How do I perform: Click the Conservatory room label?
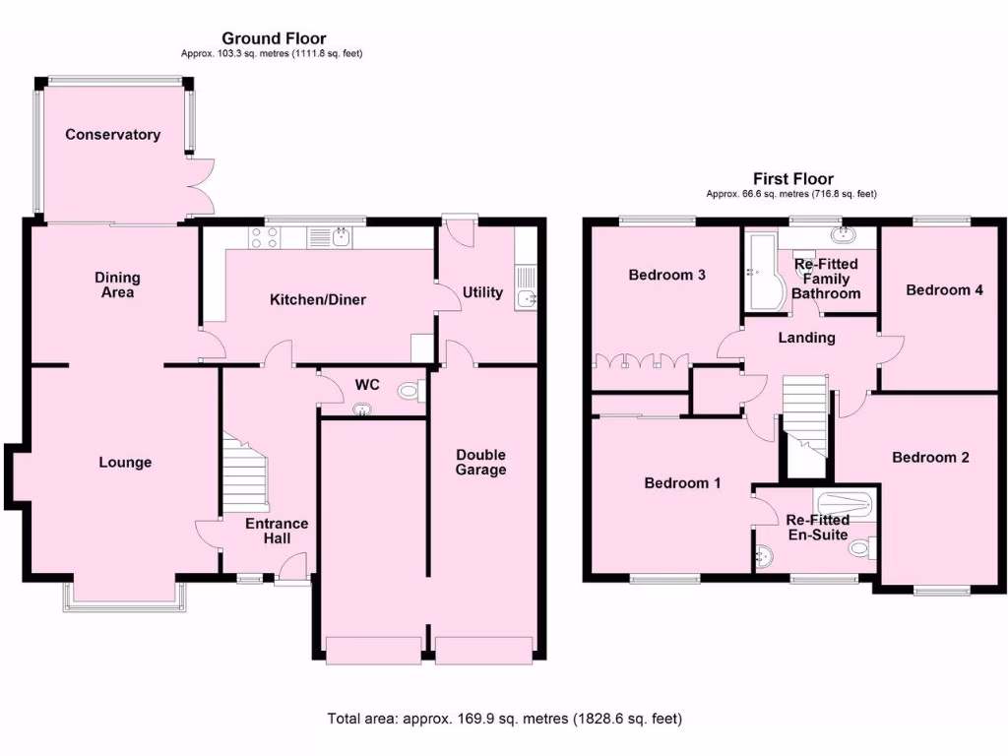(x=112, y=135)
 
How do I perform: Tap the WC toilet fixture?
(x=409, y=392)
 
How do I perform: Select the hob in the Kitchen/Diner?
(x=264, y=236)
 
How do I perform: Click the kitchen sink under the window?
(x=341, y=236)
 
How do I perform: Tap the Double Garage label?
(x=480, y=462)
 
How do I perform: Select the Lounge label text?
(x=125, y=462)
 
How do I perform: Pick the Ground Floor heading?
(x=273, y=39)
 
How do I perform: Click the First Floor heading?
(x=792, y=178)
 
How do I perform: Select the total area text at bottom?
(x=504, y=719)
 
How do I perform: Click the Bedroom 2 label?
(x=930, y=458)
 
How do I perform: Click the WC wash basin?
(x=364, y=409)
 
